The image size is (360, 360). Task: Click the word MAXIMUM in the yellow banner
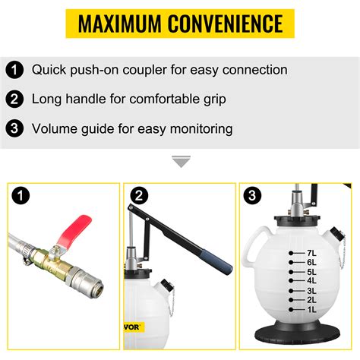(x=121, y=24)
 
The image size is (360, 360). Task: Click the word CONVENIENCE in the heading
(x=230, y=24)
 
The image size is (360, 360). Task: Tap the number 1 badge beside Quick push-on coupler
(x=14, y=71)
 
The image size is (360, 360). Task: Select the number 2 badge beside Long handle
(x=14, y=99)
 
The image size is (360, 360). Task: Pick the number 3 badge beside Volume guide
(x=14, y=129)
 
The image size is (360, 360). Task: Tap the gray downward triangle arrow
(x=180, y=162)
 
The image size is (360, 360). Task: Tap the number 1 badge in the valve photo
(x=24, y=198)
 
